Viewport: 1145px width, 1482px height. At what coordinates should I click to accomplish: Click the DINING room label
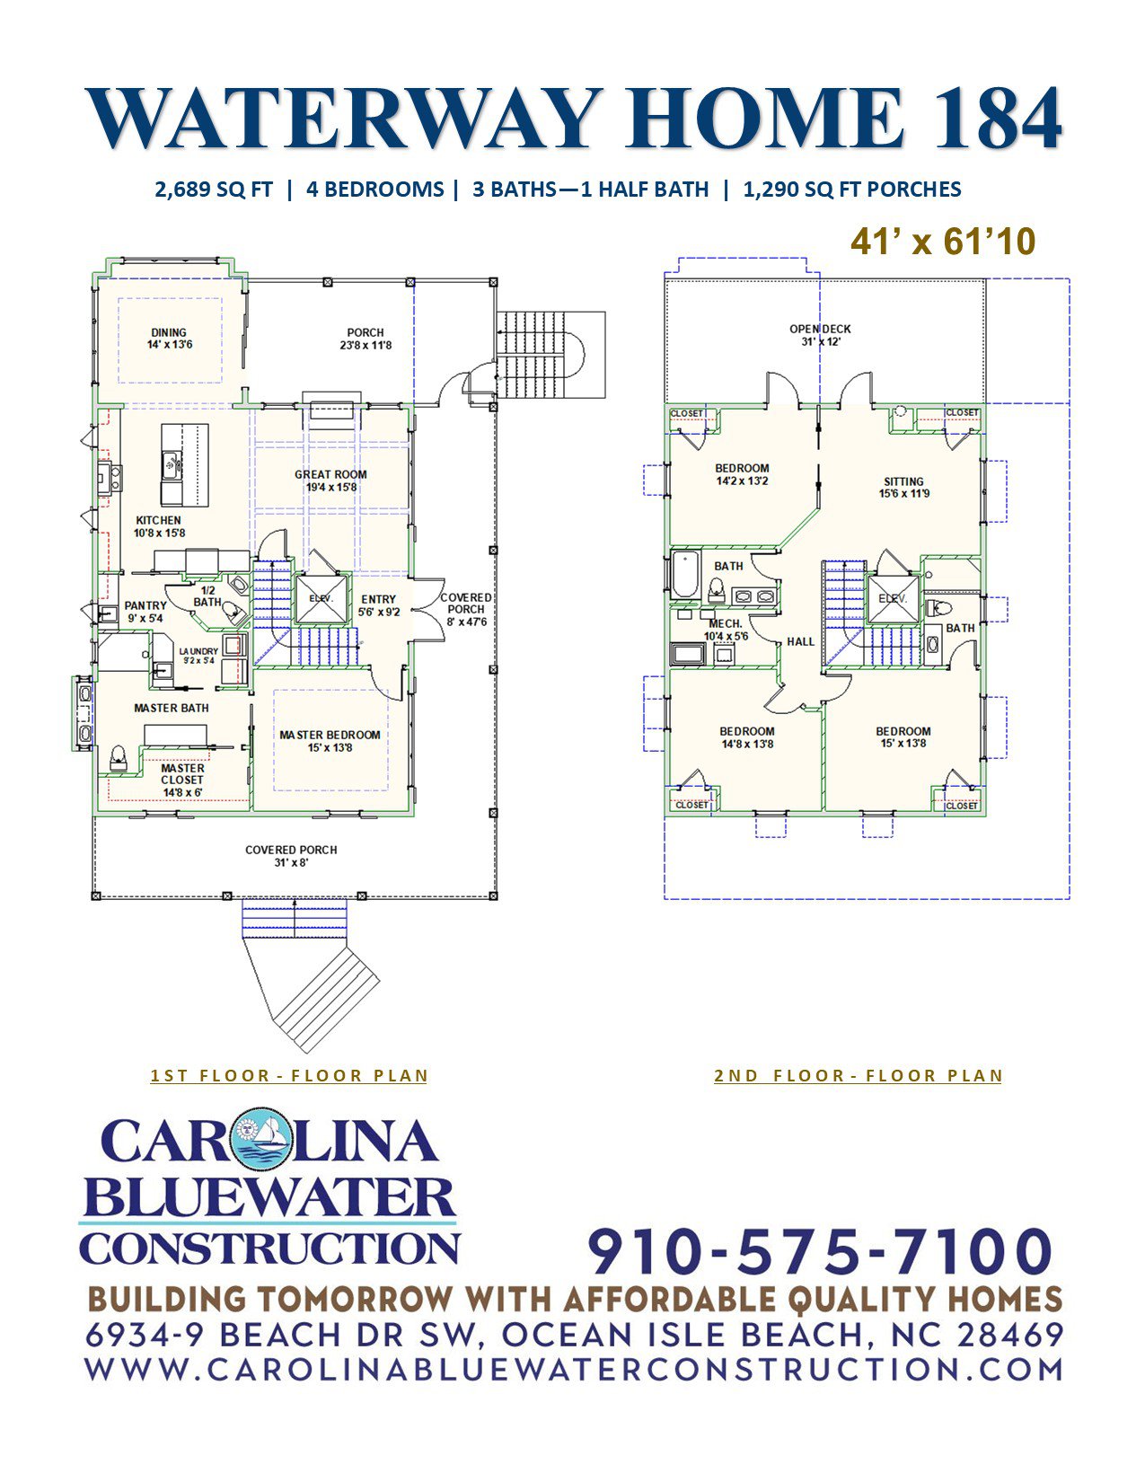pos(169,333)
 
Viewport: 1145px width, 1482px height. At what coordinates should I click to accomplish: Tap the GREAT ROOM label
pos(330,474)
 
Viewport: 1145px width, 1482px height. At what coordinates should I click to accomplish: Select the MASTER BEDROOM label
pos(330,736)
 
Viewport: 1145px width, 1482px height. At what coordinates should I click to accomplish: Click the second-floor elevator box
pos(893,599)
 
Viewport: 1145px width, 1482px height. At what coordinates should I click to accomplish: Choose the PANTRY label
pos(145,605)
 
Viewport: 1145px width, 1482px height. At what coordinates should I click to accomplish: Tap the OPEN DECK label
pos(821,329)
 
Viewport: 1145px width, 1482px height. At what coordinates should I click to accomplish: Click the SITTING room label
pos(903,481)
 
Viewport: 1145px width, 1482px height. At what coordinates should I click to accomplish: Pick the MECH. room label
pos(726,624)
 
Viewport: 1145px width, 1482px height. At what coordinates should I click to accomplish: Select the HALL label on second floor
pos(801,642)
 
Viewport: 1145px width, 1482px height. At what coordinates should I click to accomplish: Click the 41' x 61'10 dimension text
pos(943,242)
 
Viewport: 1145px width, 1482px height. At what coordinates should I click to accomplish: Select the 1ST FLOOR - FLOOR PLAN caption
pos(289,1075)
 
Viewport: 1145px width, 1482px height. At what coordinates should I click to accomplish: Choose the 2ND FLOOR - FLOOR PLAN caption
pos(859,1075)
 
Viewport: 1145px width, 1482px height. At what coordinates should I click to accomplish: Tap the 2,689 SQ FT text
pos(214,189)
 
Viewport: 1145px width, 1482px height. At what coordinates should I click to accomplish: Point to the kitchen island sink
pos(171,465)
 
